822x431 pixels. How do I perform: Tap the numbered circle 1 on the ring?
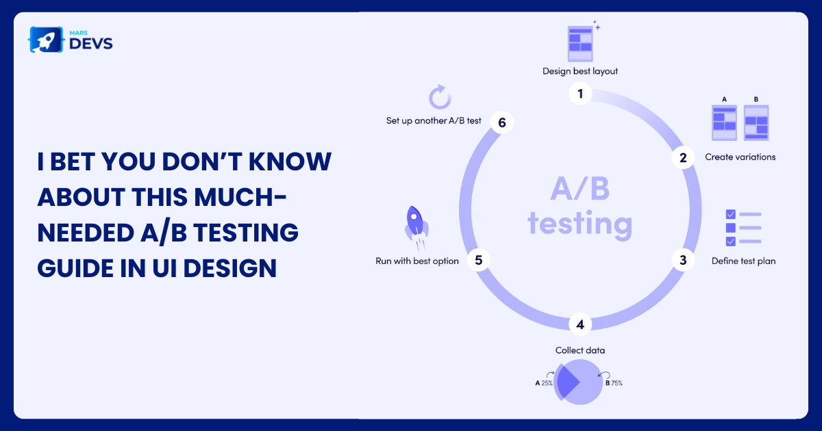(580, 94)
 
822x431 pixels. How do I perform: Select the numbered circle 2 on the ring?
(682, 157)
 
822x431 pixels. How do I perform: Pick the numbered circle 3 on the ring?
(682, 260)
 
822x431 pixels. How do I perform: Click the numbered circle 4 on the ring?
(580, 324)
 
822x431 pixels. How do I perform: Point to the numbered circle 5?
(478, 260)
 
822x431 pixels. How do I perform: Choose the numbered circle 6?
(501, 122)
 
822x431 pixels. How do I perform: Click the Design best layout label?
(580, 71)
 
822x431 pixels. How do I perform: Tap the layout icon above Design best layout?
(580, 42)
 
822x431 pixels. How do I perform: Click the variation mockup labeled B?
(756, 122)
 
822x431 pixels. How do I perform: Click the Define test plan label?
(743, 261)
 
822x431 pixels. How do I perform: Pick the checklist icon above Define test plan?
(743, 228)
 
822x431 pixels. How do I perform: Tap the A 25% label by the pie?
(544, 383)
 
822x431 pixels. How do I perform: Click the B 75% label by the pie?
(614, 383)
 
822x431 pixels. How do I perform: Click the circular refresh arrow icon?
(438, 97)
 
